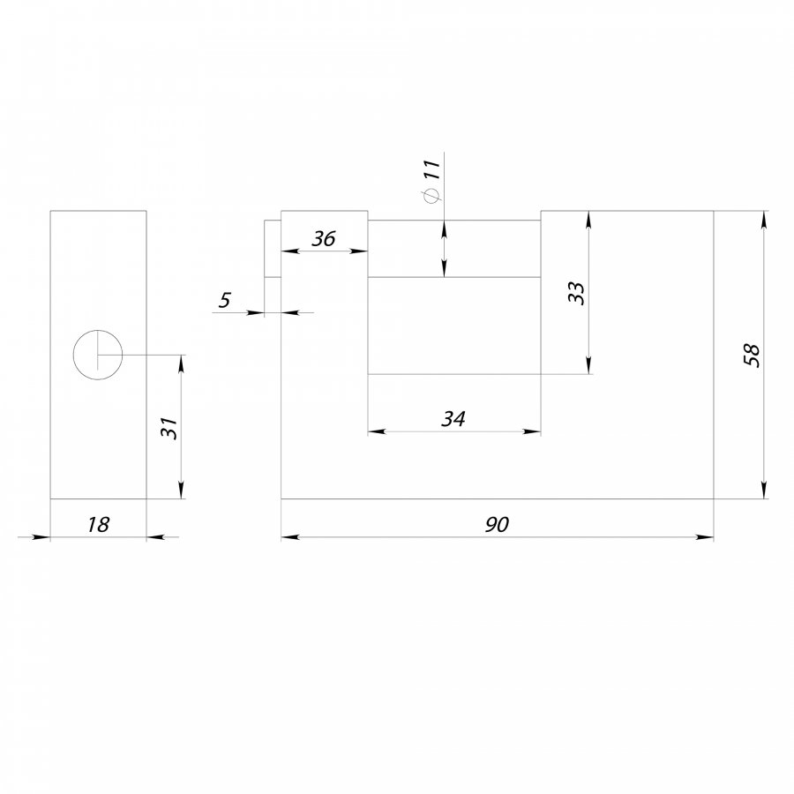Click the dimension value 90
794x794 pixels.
click(x=497, y=525)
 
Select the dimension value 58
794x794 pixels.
click(x=752, y=355)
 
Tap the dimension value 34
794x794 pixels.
click(x=453, y=419)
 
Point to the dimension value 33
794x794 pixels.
click(x=576, y=293)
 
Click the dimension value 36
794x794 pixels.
click(x=323, y=238)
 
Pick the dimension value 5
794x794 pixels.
click(x=224, y=300)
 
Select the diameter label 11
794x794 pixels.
click(x=432, y=169)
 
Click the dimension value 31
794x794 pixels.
click(x=169, y=428)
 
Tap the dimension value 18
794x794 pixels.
click(x=98, y=525)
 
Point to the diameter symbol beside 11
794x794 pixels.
click(x=432, y=195)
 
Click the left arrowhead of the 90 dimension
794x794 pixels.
click(x=290, y=536)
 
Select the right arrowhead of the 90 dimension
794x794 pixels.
click(x=705, y=536)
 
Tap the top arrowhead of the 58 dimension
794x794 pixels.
click(x=765, y=220)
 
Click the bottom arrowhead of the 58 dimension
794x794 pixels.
click(x=765, y=490)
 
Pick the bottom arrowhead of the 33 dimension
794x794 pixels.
click(x=588, y=365)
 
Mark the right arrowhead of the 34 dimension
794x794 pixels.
click(x=532, y=431)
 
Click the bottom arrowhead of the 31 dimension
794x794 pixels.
click(x=182, y=490)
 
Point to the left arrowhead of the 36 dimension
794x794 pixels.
click(x=290, y=251)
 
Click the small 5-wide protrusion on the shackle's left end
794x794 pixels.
click(x=273, y=249)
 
